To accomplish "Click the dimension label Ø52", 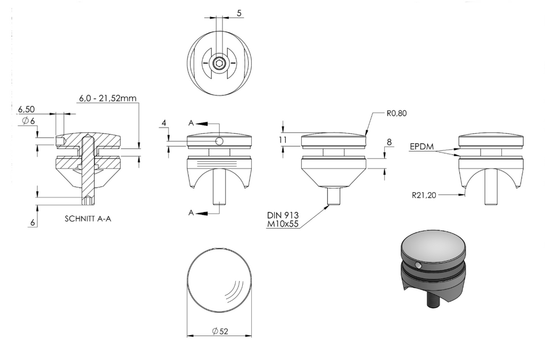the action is click(x=220, y=331).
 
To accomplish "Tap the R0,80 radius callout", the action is click(x=396, y=113).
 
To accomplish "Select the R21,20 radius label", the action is click(x=424, y=195).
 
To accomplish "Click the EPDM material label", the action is click(x=422, y=146).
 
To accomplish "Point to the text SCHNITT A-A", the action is click(x=88, y=219).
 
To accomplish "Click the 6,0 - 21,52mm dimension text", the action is click(x=108, y=98).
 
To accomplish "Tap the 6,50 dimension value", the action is click(x=27, y=109).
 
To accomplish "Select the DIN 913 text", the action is click(x=283, y=215).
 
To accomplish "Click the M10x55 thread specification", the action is click(x=283, y=224).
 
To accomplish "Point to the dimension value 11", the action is click(x=283, y=139).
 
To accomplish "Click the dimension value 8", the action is click(x=389, y=142).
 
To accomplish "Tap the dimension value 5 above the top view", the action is click(x=239, y=13).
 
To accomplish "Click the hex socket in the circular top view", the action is click(x=219, y=63).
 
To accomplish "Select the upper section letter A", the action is click(x=191, y=123).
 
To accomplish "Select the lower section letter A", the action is click(x=191, y=213).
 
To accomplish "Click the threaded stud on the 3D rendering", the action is click(x=433, y=300).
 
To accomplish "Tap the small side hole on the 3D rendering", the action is click(x=418, y=265).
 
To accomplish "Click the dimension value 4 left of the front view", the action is click(x=164, y=123).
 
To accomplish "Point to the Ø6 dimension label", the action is click(x=29, y=121).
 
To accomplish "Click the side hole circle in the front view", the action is click(x=219, y=140).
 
